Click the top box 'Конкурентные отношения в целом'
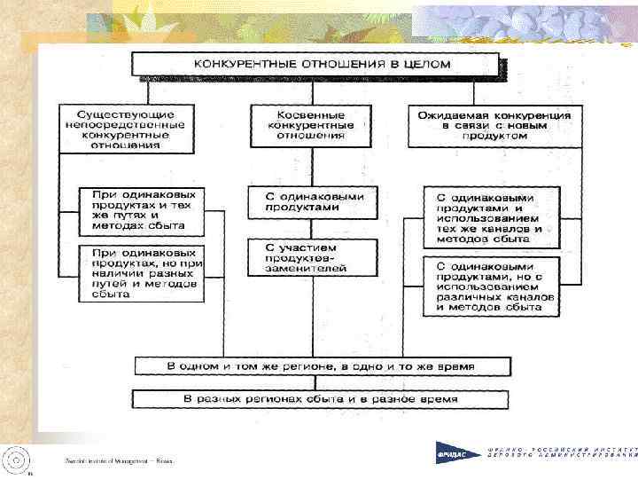(x=316, y=65)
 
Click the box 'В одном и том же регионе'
(x=321, y=365)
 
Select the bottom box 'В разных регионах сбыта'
(x=321, y=399)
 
